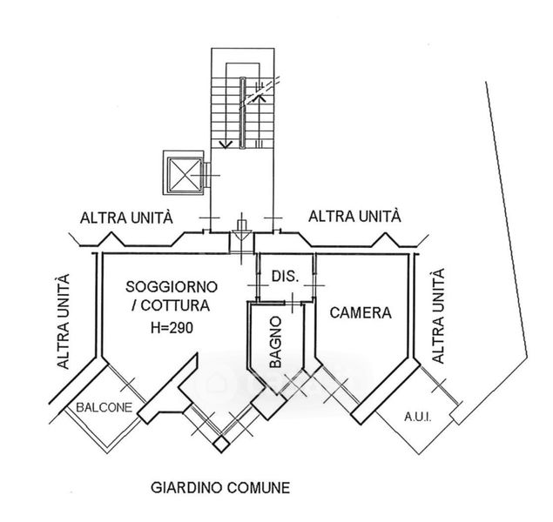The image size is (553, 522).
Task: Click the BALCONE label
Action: coord(103,407)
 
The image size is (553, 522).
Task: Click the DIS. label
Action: coord(285,277)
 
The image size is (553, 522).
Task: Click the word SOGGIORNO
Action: coord(171,286)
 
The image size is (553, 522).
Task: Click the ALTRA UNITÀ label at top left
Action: coord(125,217)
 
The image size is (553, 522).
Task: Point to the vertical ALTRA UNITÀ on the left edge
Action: coord(61,322)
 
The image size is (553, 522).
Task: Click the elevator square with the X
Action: coord(184,171)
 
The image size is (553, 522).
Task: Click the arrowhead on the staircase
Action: coord(226,143)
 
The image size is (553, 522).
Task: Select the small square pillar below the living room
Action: coord(223,445)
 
